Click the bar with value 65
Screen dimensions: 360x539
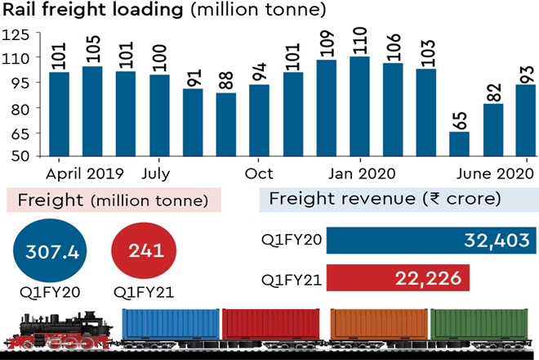[x=459, y=144]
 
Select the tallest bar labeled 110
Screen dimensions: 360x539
[x=359, y=106]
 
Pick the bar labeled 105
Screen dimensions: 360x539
[x=92, y=111]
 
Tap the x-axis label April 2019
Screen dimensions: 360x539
[x=85, y=173]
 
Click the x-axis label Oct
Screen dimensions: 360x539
[x=259, y=173]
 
